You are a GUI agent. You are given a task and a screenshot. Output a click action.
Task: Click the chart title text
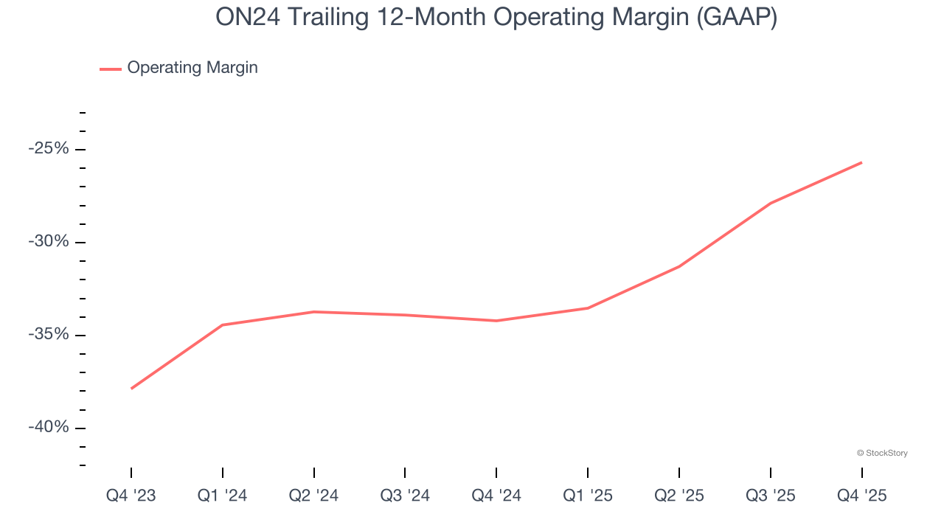(496, 18)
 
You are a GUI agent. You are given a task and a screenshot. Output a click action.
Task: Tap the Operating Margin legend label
(192, 68)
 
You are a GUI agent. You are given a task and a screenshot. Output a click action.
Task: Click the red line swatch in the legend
(111, 69)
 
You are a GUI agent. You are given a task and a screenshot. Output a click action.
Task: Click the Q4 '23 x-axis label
(131, 496)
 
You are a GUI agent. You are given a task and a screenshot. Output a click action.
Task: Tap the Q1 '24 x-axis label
(223, 496)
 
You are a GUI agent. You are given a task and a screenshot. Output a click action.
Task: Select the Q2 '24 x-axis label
(314, 496)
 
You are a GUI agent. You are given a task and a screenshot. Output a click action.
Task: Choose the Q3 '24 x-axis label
(405, 496)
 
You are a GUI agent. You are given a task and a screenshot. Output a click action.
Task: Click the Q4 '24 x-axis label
(496, 496)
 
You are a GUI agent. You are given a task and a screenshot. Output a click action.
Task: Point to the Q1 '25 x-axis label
(588, 496)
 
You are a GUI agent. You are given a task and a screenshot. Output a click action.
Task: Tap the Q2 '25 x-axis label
(679, 496)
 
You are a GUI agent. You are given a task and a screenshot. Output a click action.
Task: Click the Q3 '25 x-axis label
(771, 496)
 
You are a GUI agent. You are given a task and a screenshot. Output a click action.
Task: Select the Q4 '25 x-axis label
(861, 496)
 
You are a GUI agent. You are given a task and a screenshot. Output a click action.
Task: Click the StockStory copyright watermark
(882, 453)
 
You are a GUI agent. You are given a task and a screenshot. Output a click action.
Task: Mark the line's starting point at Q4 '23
(131, 389)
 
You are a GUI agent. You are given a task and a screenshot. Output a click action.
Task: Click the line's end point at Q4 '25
(861, 162)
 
